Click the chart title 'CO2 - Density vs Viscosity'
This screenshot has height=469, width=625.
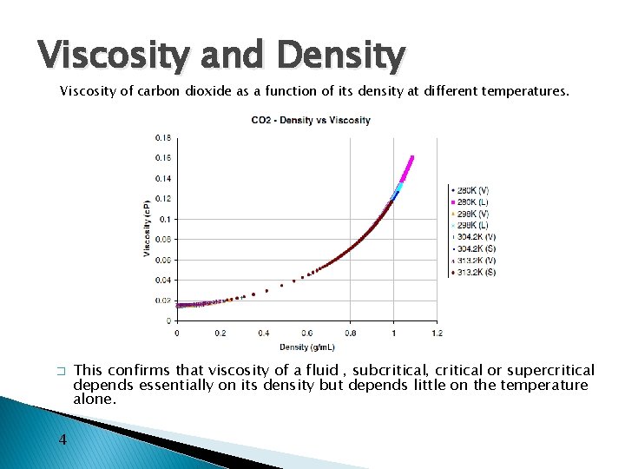(x=311, y=120)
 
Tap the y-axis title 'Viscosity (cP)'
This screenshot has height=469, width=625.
(x=147, y=228)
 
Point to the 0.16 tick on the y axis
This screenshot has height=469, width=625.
(x=163, y=158)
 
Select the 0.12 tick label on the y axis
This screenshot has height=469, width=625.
(x=163, y=199)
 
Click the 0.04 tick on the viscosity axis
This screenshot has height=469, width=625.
(x=163, y=280)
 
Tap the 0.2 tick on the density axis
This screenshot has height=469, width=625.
(x=220, y=333)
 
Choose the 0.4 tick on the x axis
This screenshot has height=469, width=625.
(x=264, y=333)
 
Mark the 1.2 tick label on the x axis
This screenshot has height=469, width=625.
(x=437, y=333)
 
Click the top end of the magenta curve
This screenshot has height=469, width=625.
(x=411, y=157)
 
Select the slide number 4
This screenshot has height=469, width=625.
(x=62, y=439)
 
